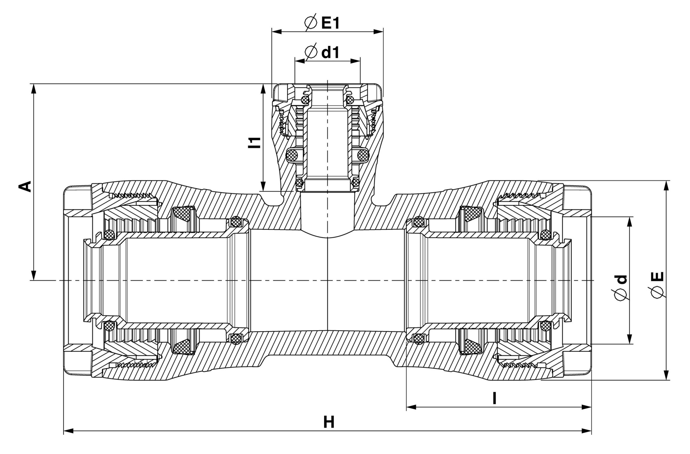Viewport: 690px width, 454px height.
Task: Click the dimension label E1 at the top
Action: tap(330, 23)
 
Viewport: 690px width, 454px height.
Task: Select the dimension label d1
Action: tap(330, 53)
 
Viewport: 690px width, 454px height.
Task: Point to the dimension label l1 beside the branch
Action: tap(254, 142)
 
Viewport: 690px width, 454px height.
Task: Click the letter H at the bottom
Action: tap(329, 422)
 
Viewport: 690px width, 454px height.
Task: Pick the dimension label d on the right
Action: tap(621, 279)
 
